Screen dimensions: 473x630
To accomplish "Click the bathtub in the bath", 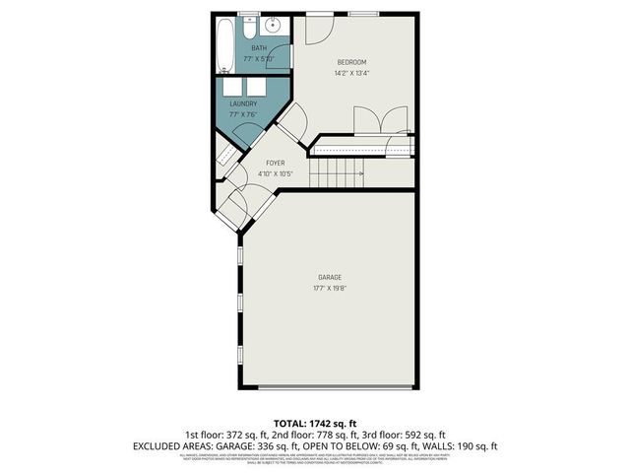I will [x=225, y=45].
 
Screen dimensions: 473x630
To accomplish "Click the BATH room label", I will [x=259, y=48].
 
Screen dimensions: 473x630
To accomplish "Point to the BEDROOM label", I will [x=352, y=63].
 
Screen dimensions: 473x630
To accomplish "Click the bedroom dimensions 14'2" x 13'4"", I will [x=352, y=73].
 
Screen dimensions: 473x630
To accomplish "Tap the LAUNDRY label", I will [x=243, y=103].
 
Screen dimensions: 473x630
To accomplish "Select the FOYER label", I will [x=275, y=162].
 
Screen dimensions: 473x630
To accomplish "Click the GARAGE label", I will [x=329, y=278].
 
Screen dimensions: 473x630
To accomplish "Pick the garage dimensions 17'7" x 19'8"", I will [x=329, y=289].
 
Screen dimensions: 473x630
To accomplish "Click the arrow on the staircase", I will [x=359, y=174].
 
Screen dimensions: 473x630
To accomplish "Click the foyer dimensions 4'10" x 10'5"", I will [x=276, y=173].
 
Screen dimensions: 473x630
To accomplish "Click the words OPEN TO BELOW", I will [x=343, y=446].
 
